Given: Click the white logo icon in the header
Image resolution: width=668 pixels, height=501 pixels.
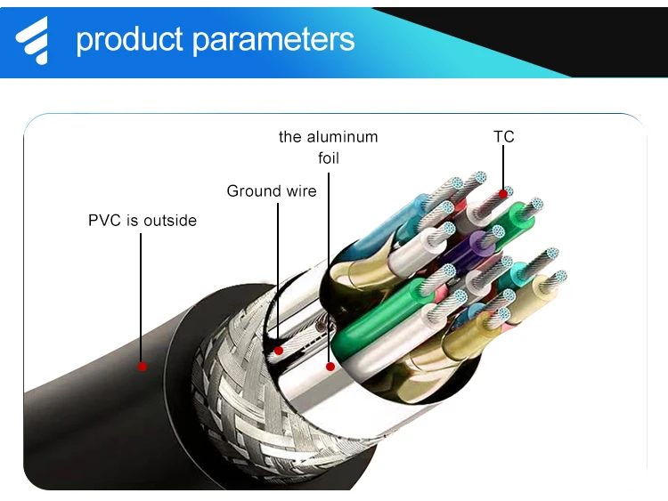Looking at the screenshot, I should coord(34,40).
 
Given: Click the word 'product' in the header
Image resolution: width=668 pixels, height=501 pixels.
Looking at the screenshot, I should coord(128,40).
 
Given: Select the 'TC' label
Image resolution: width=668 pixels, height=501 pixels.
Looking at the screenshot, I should coord(504,137).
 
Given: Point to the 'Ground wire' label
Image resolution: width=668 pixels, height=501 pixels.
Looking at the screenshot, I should coord(271,190).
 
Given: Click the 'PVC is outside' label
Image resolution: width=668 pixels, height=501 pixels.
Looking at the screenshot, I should coord(143,220).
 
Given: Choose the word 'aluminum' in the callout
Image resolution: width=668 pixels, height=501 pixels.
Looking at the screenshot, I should coord(342,137).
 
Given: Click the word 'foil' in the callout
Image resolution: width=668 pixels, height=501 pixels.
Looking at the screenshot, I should coord(329,158).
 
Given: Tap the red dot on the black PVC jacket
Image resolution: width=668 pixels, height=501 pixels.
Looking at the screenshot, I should coord(141,365).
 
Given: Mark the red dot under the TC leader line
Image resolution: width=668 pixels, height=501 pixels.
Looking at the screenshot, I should coord(504,191).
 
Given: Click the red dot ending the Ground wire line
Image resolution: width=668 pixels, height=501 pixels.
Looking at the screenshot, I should coord(279,350).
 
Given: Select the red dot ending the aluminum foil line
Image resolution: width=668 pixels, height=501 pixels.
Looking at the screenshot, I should coord(330,365).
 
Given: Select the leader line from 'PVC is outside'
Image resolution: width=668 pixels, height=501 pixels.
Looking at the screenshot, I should coord(141,294).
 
